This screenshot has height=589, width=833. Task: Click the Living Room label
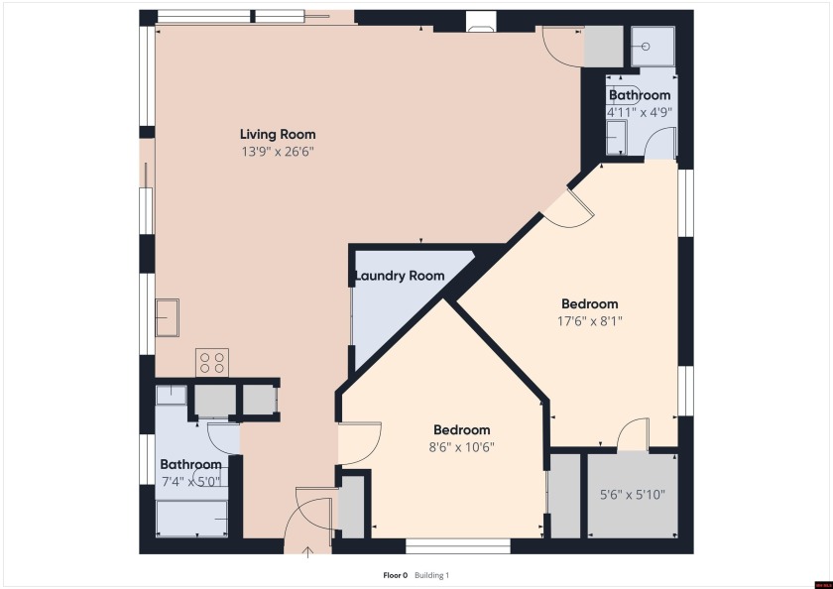(278, 134)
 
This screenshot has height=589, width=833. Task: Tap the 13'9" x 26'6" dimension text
(278, 152)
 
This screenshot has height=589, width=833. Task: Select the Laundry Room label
(400, 276)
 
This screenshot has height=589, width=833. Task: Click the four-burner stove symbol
(212, 362)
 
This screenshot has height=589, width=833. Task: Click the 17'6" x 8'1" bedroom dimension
(589, 320)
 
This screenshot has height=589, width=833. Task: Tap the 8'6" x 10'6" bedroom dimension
(461, 446)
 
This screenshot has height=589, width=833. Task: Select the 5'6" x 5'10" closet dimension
(633, 494)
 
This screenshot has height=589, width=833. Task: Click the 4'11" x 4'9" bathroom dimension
(640, 112)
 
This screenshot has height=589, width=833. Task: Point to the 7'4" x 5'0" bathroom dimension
(190, 481)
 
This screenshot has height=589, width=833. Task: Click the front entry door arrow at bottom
(308, 550)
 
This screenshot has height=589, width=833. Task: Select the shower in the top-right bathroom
(654, 46)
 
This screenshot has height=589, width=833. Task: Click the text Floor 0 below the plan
(396, 575)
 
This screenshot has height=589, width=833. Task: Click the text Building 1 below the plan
(431, 575)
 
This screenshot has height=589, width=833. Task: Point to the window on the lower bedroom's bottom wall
(458, 544)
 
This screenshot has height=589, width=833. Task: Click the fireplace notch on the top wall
(479, 23)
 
